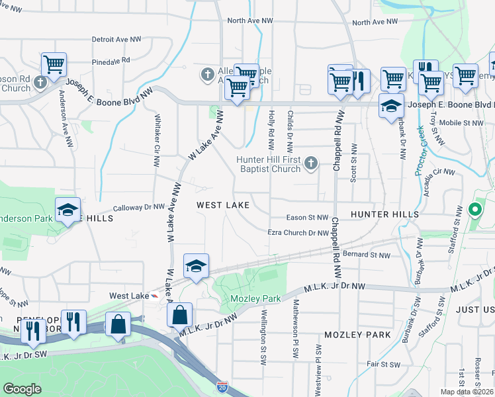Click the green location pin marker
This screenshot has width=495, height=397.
[x=474, y=211]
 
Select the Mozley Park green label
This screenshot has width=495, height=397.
[x=255, y=298]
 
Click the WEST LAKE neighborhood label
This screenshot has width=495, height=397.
[x=223, y=205]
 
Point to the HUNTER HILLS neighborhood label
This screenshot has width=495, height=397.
[x=384, y=214]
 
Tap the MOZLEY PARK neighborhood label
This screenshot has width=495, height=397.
[x=357, y=335]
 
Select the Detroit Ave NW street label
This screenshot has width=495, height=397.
[x=118, y=40]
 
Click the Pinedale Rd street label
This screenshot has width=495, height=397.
[x=111, y=60]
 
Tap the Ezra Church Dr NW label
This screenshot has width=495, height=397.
[x=298, y=233]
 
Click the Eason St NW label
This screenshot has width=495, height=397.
[x=307, y=217]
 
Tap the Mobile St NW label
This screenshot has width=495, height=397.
[x=462, y=122]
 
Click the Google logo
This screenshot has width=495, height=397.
[x=22, y=389]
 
